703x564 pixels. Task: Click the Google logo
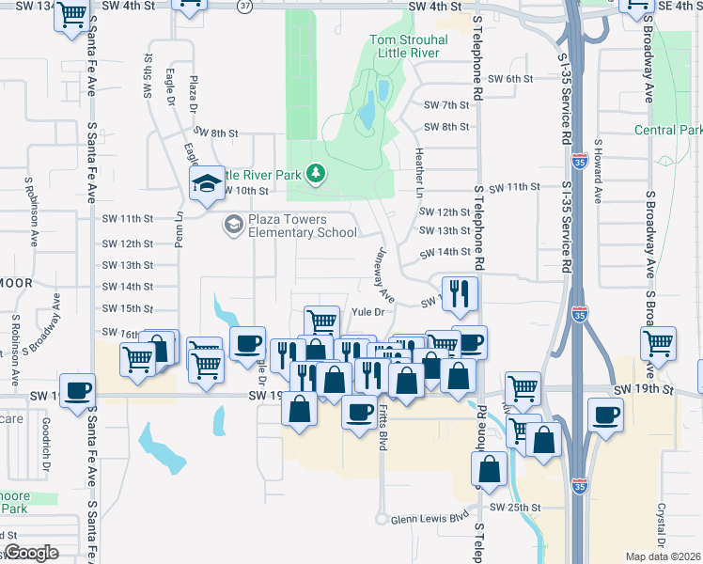(31, 553)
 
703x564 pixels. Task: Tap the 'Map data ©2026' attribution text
(664, 556)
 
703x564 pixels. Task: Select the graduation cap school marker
(205, 184)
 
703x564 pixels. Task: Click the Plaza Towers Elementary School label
(289, 226)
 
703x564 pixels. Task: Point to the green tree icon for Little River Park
(318, 173)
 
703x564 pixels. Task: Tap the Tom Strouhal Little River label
(408, 47)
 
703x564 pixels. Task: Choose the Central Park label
(668, 130)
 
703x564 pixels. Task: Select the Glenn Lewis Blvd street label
(430, 518)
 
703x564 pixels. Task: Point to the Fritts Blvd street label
(383, 430)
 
